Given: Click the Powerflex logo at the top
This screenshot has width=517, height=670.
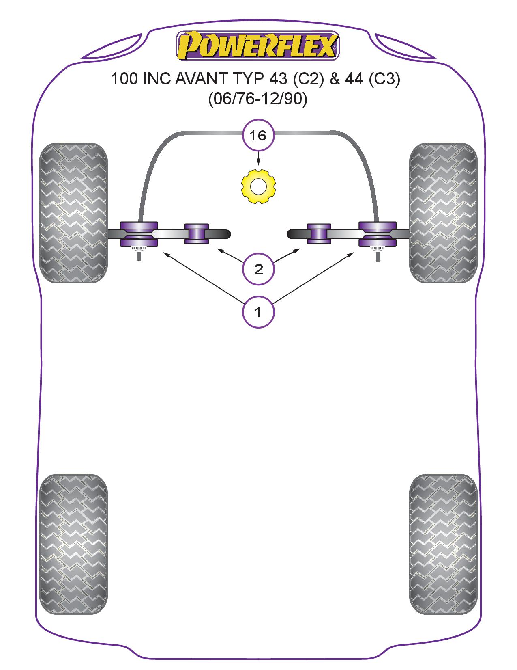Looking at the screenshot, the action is [x=257, y=45].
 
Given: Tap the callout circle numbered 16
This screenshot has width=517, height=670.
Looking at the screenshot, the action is [x=258, y=135].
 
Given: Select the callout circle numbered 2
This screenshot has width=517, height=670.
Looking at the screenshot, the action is [x=258, y=269].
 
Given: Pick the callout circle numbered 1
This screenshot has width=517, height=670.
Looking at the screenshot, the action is [x=258, y=312].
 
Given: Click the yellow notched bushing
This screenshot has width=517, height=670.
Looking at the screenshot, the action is [x=258, y=186].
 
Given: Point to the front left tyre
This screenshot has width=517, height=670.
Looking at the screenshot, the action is [x=73, y=213].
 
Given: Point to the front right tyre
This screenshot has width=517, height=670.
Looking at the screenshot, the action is [x=444, y=213].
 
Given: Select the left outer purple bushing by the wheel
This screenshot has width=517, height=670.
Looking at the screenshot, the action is [x=139, y=234].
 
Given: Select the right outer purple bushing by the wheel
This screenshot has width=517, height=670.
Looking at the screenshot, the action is [x=378, y=234].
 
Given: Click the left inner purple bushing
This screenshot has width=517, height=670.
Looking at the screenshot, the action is [x=197, y=234].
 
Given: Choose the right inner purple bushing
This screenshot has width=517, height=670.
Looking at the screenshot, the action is [x=319, y=234].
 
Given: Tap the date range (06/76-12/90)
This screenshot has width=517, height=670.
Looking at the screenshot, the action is [x=258, y=99].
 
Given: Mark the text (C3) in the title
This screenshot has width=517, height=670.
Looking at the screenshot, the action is [x=384, y=79].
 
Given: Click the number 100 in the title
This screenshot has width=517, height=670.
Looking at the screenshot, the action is [x=124, y=79].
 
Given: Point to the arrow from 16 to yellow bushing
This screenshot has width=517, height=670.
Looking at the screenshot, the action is [x=258, y=158].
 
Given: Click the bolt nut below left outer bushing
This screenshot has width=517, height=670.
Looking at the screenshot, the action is [x=139, y=249].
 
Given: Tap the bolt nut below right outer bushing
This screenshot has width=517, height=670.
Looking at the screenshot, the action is [x=378, y=249].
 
